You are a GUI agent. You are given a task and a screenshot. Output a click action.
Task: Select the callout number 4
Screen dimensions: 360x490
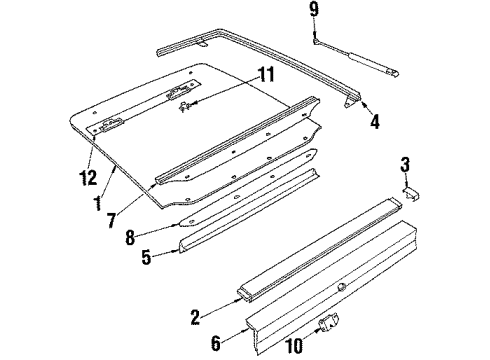374,124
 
